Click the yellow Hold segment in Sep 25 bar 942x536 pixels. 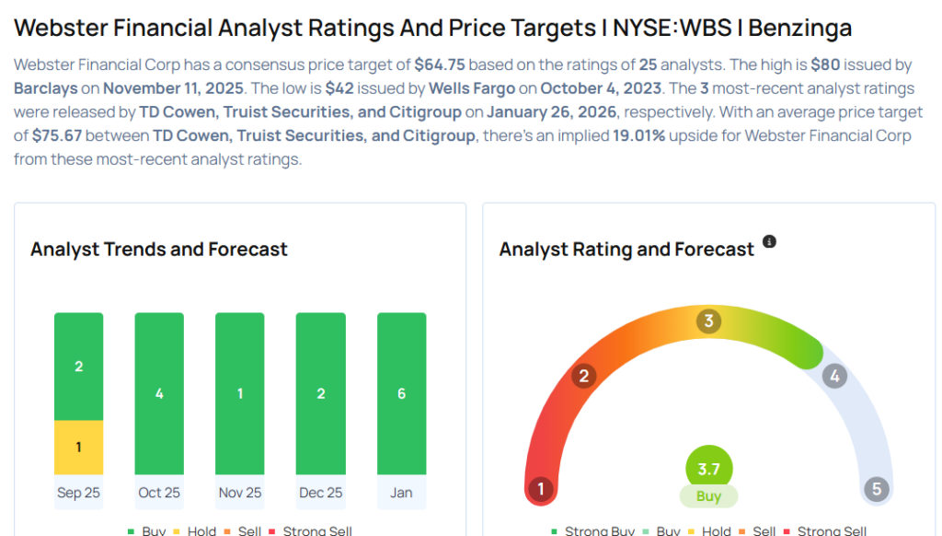pyautogui.click(x=78, y=448)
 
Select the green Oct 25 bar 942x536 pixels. pyautogui.click(x=159, y=393)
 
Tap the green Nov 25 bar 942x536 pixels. pyautogui.click(x=240, y=393)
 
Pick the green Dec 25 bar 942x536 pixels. pyautogui.click(x=320, y=393)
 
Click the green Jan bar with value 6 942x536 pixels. pyautogui.click(x=401, y=393)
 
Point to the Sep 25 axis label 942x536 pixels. pyautogui.click(x=78, y=493)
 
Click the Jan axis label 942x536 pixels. pyautogui.click(x=401, y=493)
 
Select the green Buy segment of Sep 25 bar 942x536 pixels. pyautogui.click(x=78, y=367)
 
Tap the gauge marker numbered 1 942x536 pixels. pyautogui.click(x=541, y=489)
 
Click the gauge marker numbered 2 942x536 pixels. pyautogui.click(x=582, y=376)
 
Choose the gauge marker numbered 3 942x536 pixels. pyautogui.click(x=707, y=321)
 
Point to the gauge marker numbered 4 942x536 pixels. pyautogui.click(x=834, y=376)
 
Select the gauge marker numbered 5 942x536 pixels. pyautogui.click(x=876, y=489)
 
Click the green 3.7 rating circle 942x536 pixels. pyautogui.click(x=708, y=469)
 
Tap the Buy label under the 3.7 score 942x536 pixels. pyautogui.click(x=708, y=496)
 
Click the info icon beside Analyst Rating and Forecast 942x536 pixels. pyautogui.click(x=770, y=242)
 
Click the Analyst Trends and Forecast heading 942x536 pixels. pyautogui.click(x=159, y=250)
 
